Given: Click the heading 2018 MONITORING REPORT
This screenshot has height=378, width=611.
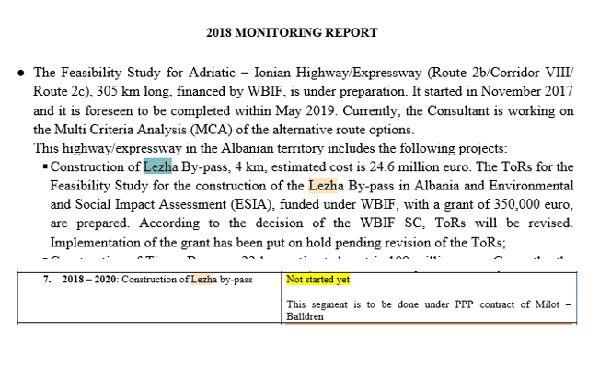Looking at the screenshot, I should pos(292,32).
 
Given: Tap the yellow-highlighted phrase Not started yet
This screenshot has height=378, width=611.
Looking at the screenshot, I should pos(317,279).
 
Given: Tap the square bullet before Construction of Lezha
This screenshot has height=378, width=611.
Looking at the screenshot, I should pos(43,167).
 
